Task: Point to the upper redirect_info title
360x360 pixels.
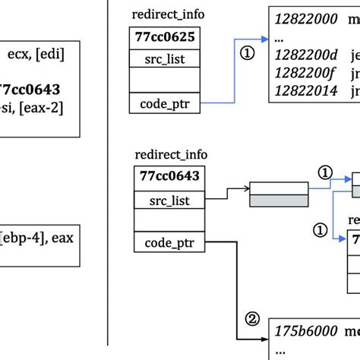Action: [x=168, y=14]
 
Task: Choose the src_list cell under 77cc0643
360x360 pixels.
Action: [x=169, y=200]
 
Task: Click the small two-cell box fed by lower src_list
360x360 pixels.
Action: [x=279, y=194]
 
